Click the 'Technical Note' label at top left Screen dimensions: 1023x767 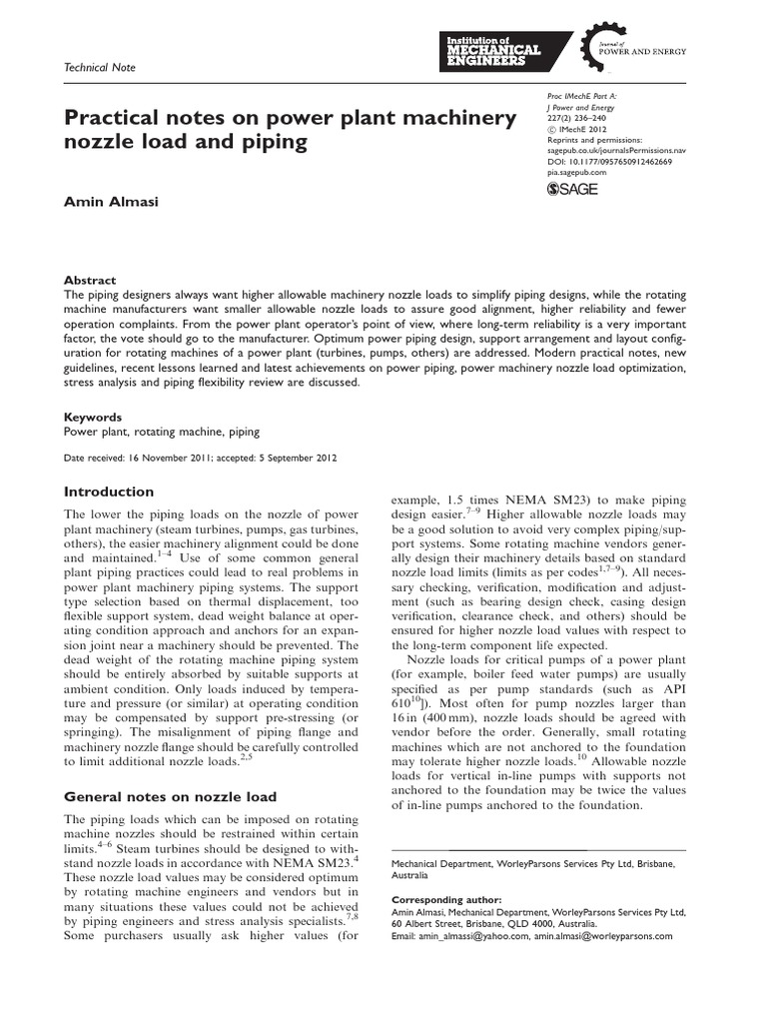[99, 67]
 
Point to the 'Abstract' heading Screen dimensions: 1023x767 [90, 281]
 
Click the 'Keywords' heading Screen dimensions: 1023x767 [93, 417]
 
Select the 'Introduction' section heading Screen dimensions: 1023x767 [109, 492]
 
